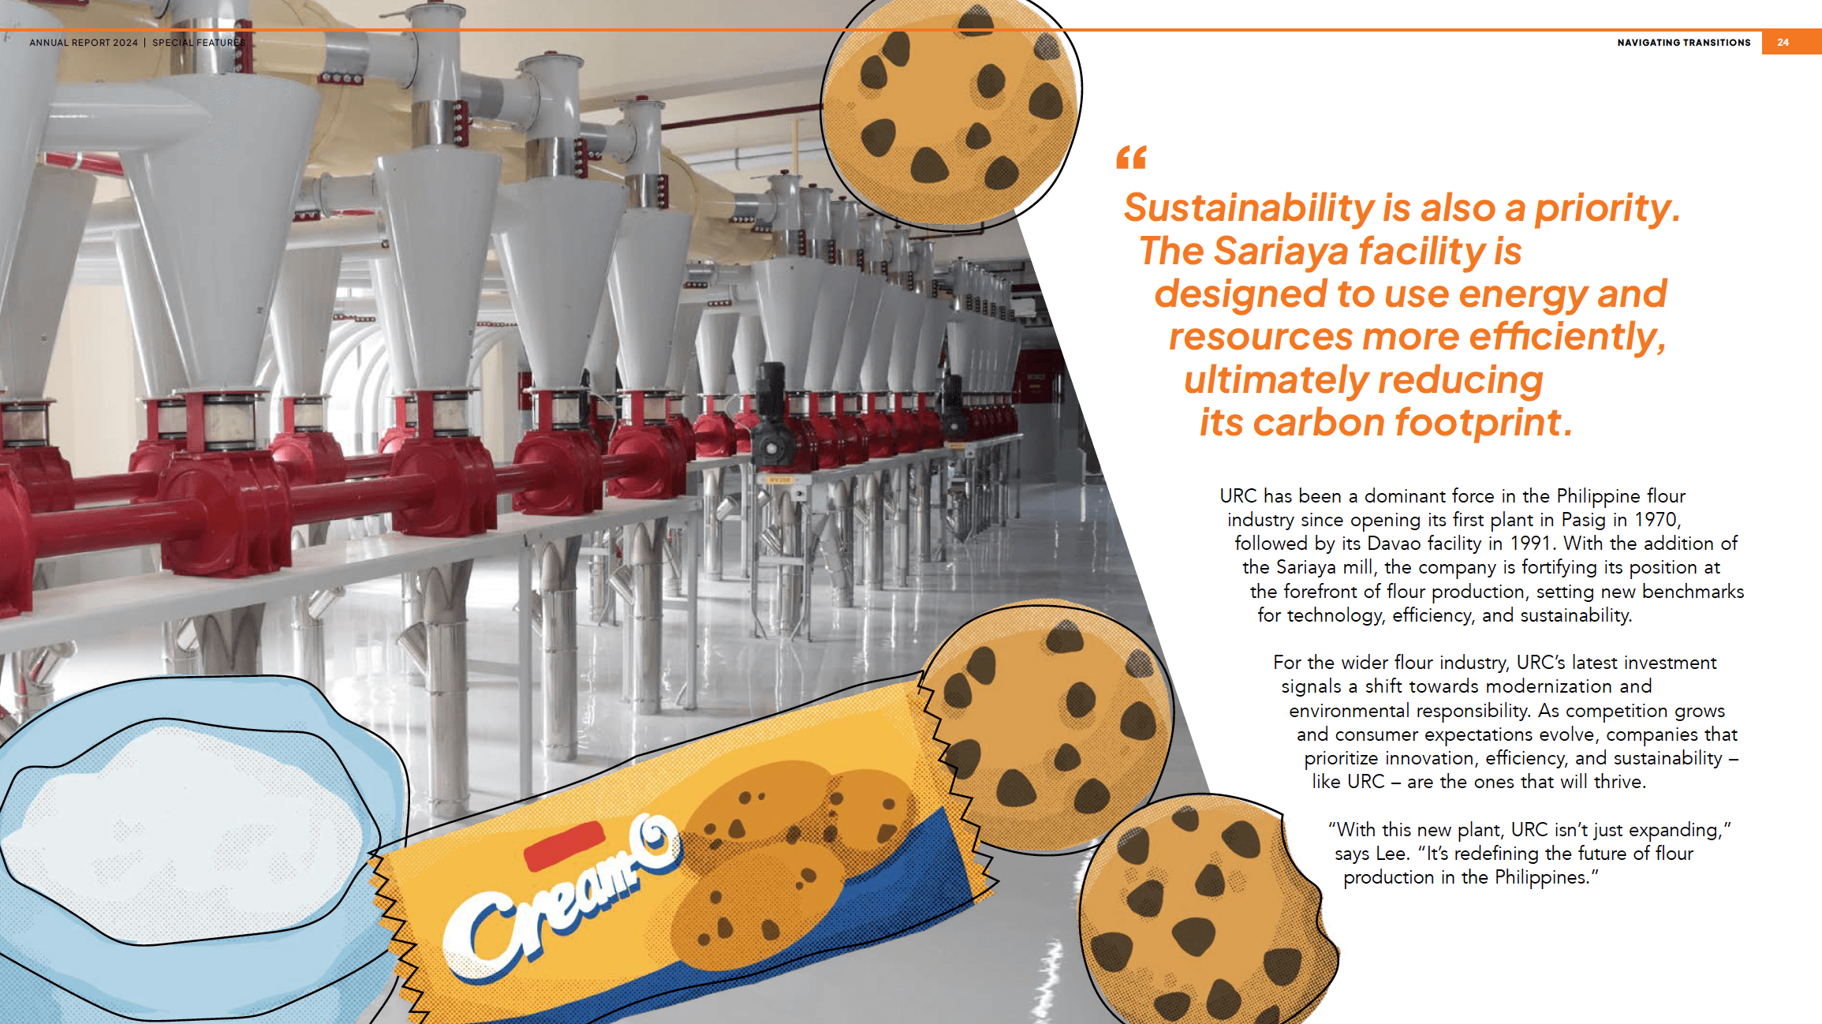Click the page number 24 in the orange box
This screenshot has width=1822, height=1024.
(1783, 43)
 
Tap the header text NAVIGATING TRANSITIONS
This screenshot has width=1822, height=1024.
(1683, 43)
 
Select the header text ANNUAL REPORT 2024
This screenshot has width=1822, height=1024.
(84, 43)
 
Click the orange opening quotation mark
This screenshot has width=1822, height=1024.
(1131, 158)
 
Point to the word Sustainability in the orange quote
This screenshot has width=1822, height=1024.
(1249, 209)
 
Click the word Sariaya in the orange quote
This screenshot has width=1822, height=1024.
(1281, 252)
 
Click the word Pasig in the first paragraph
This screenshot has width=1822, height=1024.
(1582, 521)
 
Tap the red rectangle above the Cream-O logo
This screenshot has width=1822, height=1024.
(565, 846)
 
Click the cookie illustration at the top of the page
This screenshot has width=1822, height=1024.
(950, 110)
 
